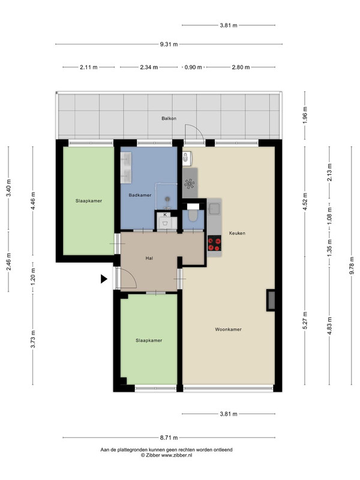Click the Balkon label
[x=169, y=118]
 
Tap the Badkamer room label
[x=140, y=195]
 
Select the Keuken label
[x=237, y=233]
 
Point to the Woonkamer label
[x=228, y=329]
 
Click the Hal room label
[x=149, y=259]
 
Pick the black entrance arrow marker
[x=104, y=279]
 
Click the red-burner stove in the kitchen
[x=214, y=244]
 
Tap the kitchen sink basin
[x=214, y=208]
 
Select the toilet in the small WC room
[x=193, y=215]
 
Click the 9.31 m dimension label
[x=169, y=44]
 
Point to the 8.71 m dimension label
[x=169, y=438]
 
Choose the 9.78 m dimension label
[x=352, y=265]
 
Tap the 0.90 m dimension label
[x=193, y=67]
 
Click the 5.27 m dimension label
[x=305, y=320]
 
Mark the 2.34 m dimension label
[x=149, y=67]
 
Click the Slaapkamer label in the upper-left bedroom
[x=89, y=201]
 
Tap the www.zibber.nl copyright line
[x=167, y=455]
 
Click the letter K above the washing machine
[x=165, y=215]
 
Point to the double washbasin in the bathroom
[x=126, y=167]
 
